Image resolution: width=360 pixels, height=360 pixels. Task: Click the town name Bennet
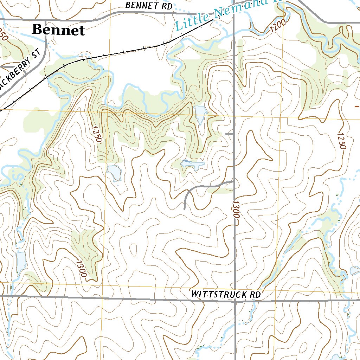[x=58, y=30]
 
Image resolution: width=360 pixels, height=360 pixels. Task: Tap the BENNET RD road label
[x=149, y=6]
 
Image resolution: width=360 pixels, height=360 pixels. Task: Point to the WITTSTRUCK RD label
[x=226, y=295]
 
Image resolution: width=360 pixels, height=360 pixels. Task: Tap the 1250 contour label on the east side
[x=341, y=140]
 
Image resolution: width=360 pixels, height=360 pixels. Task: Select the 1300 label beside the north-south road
[x=235, y=210]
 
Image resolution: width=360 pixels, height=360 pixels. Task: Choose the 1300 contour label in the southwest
[x=81, y=268]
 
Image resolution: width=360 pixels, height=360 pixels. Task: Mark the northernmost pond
[x=200, y=113]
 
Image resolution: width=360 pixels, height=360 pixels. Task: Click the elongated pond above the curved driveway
[x=192, y=164]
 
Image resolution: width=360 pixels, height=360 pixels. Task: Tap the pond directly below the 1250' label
[x=115, y=173]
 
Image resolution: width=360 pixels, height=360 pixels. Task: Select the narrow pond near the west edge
[x=21, y=262]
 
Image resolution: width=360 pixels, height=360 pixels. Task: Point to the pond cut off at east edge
[x=355, y=271]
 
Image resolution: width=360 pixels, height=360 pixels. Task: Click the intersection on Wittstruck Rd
[x=235, y=301]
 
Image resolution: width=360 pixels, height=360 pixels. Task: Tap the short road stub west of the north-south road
[x=229, y=134]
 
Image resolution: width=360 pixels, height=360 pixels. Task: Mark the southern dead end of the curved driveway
[x=185, y=208]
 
